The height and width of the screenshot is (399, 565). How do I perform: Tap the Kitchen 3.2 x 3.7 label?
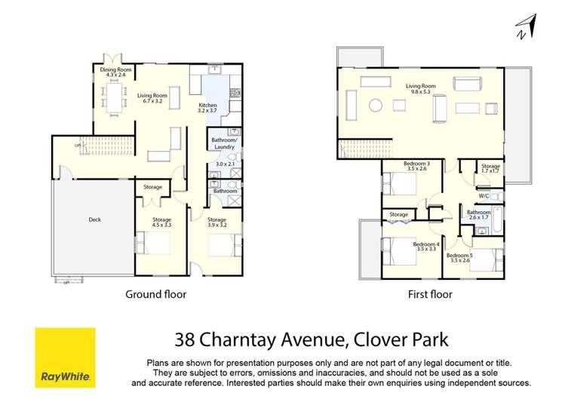(207, 108)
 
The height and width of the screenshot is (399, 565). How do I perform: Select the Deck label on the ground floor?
(94, 219)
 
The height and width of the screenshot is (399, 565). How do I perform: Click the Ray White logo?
(66, 357)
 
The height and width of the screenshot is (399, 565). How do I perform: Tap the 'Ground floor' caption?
(155, 294)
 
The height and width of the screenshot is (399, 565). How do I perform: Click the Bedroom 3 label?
(416, 166)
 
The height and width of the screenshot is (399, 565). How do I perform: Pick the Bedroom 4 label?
(426, 246)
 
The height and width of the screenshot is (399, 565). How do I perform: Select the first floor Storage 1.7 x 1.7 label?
(491, 168)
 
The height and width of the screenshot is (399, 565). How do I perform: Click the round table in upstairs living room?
(375, 106)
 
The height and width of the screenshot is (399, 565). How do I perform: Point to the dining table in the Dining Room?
(114, 97)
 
